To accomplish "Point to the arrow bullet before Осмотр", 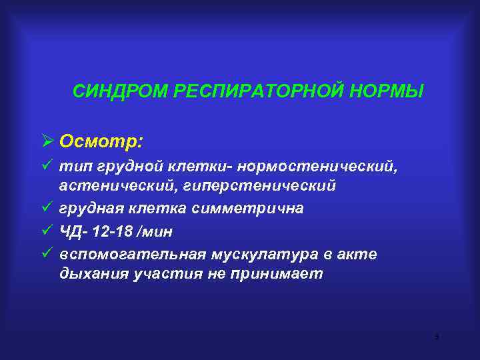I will (x=47, y=141).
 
